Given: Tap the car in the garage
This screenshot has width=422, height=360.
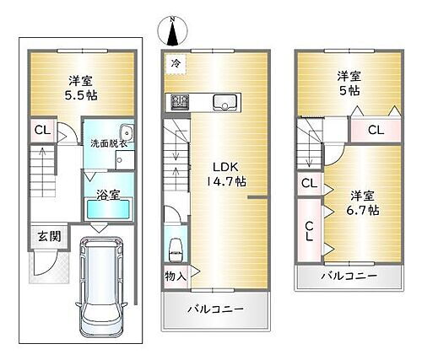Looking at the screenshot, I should (100, 287).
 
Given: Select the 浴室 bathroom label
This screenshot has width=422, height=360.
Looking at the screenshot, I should (107, 194).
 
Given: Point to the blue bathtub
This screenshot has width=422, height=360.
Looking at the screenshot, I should (108, 210).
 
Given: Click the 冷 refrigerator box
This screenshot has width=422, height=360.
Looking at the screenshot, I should (176, 62).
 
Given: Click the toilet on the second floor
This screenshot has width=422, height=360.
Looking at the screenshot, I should (176, 249).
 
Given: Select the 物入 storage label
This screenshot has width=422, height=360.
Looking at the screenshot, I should (176, 275).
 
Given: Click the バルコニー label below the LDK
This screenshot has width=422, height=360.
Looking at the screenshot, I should (216, 309).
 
